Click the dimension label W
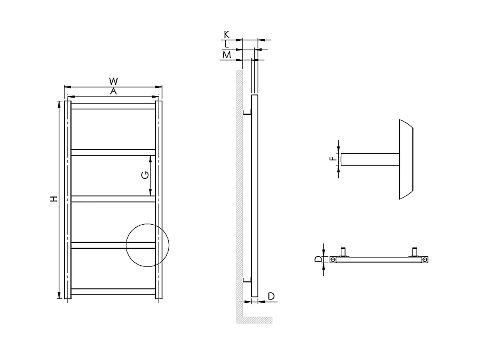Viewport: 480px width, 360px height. [113, 82]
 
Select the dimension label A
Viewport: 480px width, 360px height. [113, 92]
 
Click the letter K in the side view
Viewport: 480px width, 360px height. [227, 34]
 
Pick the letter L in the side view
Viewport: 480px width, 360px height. [227, 44]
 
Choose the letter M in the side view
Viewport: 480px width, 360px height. [227, 54]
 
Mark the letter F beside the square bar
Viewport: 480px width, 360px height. [333, 159]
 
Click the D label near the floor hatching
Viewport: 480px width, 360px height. [271, 296]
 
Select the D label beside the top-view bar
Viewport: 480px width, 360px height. [318, 259]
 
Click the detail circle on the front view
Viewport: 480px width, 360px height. [148, 245]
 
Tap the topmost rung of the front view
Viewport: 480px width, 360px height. [113, 106]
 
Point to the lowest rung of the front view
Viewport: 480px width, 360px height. [113, 292]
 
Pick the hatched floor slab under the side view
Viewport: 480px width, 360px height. [256, 320]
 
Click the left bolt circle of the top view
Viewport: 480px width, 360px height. [333, 260]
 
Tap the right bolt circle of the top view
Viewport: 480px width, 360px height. [424, 260]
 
